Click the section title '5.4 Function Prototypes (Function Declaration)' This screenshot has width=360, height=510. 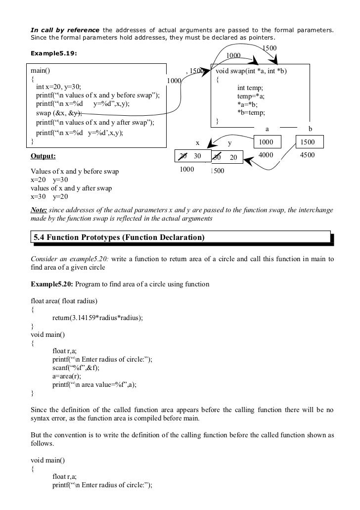[x=119, y=238]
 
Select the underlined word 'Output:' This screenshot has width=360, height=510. [x=43, y=156]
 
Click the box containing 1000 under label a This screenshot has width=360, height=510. [x=268, y=142]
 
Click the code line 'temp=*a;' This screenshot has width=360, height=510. [x=251, y=96]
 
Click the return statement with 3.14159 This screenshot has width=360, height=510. [x=97, y=318]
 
